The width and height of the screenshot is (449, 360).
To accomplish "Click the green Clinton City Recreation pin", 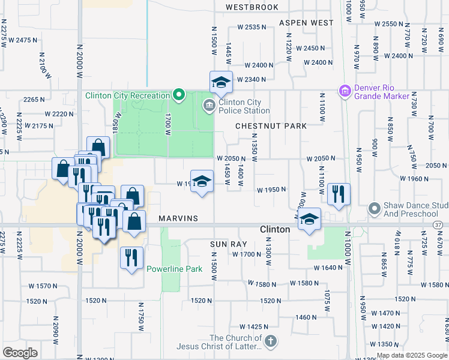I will click(178, 95).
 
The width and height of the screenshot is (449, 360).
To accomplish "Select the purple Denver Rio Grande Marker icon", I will click(345, 91).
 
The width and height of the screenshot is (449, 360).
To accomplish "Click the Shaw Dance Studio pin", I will click(375, 208).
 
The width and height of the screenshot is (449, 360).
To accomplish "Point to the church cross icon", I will click(270, 341).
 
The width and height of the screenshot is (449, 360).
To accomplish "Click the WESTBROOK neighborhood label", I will click(252, 7).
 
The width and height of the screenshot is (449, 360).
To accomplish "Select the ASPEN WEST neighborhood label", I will click(306, 23).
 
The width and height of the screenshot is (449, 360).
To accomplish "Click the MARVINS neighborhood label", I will click(178, 218).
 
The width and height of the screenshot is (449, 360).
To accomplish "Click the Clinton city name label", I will click(276, 229).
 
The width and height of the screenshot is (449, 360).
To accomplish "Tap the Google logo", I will click(20, 352).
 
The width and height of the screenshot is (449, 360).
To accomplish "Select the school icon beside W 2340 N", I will click(221, 82).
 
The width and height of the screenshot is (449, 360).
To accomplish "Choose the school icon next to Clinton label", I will click(310, 218).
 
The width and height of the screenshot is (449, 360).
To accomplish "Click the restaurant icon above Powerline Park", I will click(131, 257).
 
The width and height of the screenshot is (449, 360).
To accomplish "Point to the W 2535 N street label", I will click(252, 27).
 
